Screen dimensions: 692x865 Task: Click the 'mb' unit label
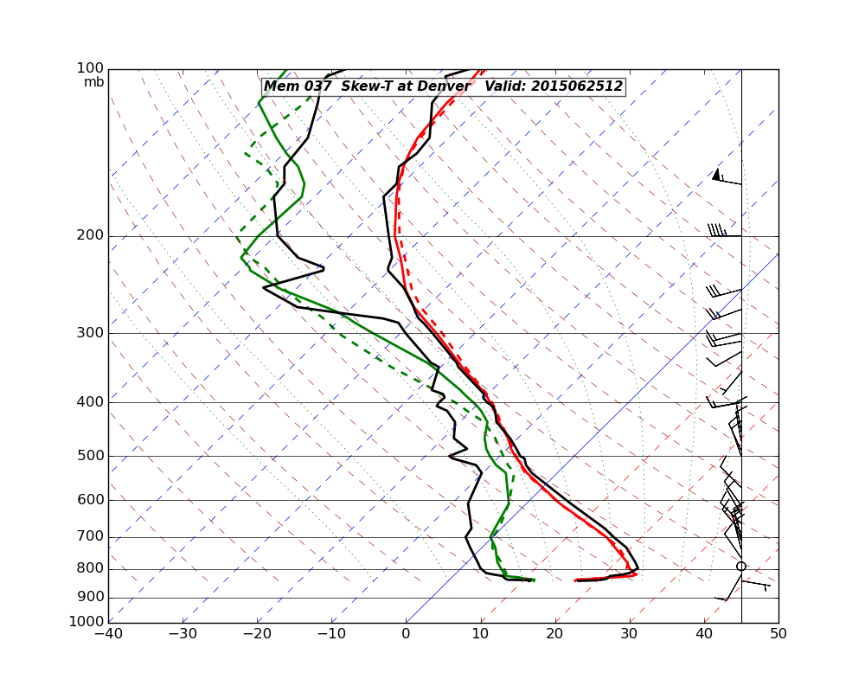(93, 82)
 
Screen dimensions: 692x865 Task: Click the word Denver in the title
(443, 86)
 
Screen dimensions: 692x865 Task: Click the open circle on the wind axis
(741, 567)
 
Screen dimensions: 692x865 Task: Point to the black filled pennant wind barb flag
(716, 175)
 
